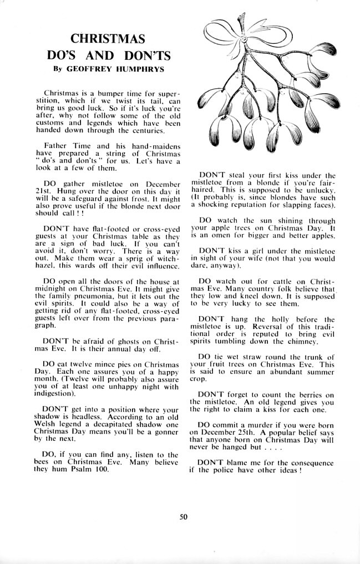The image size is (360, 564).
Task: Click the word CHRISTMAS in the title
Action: pos(108,38)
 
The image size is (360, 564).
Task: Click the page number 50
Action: pos(184,517)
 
